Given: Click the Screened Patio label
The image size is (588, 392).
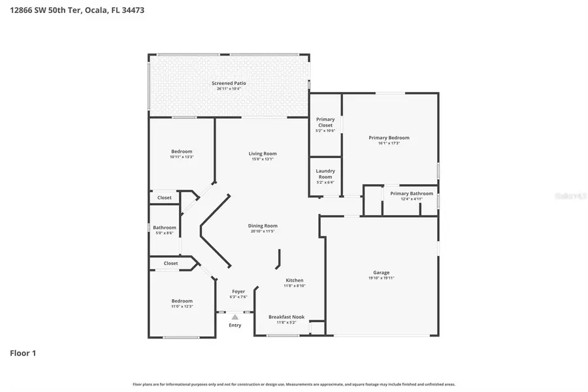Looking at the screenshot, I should click(229, 83).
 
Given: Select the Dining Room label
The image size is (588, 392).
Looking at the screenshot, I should click(262, 226).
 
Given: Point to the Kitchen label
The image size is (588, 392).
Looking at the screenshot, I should click(294, 280).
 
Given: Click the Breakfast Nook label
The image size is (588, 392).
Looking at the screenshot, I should click(286, 317).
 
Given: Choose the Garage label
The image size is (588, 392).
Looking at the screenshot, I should click(381, 272).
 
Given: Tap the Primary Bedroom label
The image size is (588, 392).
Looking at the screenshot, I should click(389, 138).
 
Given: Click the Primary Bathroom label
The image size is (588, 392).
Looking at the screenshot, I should click(412, 193).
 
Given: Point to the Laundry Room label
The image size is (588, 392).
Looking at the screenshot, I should click(325, 174).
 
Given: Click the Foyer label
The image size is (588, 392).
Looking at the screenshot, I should click(238, 291).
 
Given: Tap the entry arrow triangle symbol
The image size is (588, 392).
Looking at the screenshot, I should click(235, 317).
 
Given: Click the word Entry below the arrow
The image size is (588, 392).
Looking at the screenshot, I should click(235, 325).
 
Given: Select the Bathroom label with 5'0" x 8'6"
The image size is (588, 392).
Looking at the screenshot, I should click(165, 227).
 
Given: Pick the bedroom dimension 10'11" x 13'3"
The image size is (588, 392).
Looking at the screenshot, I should click(182, 157).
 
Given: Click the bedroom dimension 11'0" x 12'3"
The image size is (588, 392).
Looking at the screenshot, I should click(182, 306).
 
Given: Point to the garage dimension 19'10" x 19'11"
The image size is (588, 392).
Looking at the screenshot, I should click(381, 278).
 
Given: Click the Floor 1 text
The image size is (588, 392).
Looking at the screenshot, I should click(23, 353).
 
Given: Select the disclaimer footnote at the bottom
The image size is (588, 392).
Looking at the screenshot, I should click(294, 384).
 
